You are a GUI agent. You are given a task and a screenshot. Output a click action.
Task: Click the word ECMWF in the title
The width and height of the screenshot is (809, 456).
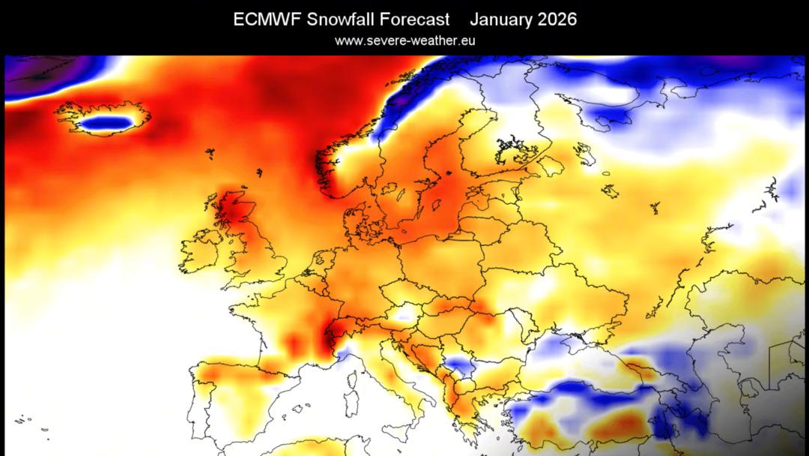point(267,19)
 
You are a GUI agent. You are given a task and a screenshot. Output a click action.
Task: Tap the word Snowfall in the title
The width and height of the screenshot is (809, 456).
point(341,19)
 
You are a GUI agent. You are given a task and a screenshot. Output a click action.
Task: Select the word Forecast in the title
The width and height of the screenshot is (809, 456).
point(414,19)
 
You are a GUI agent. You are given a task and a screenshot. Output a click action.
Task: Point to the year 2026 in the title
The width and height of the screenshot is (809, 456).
point(557,19)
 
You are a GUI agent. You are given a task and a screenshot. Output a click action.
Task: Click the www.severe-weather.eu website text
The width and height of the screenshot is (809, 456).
point(404,40)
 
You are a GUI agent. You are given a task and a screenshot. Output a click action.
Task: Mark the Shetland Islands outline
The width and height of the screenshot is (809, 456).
point(259,172)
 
